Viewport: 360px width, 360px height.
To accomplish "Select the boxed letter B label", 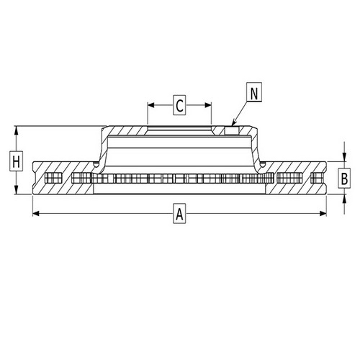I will (344, 177).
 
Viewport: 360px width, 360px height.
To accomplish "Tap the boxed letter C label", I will (180, 107).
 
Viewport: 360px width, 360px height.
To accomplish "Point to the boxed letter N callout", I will (254, 93).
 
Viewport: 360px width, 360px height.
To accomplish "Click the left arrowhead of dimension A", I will (35, 213).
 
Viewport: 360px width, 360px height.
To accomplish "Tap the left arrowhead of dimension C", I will (150, 107).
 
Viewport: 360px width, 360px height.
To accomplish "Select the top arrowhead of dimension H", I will (16, 130).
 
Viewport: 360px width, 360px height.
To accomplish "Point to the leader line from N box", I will (240, 113).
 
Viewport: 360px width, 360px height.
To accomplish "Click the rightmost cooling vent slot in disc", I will (315, 179).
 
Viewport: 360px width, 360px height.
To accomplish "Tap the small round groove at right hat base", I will (265, 166).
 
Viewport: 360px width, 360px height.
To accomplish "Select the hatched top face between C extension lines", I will (180, 129).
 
